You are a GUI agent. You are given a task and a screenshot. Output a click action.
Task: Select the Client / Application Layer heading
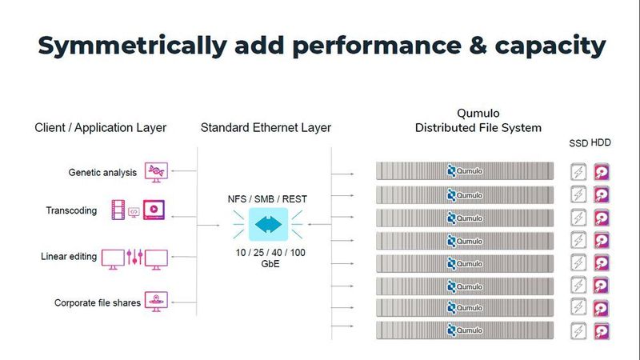100,127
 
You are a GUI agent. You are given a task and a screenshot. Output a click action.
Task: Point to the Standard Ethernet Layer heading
266,127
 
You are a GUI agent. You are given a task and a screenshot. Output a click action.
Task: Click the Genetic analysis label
103,172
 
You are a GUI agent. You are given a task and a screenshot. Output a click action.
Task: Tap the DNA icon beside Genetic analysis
155,171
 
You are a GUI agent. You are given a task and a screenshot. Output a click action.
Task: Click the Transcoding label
72,211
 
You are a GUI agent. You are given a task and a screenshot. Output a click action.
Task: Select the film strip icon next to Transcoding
121,211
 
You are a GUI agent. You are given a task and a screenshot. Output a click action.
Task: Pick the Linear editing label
70,257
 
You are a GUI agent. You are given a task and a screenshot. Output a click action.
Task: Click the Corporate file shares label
98,302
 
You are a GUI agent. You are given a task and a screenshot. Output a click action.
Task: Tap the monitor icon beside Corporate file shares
156,302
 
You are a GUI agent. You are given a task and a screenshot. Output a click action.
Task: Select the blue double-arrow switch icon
266,225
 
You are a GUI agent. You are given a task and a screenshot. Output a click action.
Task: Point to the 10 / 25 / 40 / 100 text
266,253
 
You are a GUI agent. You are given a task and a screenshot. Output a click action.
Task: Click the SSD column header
578,143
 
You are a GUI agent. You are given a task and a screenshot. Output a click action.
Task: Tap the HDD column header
601,143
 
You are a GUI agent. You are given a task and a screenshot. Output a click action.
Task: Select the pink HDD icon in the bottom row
602,330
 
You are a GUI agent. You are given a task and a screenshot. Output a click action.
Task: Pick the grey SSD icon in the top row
578,171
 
